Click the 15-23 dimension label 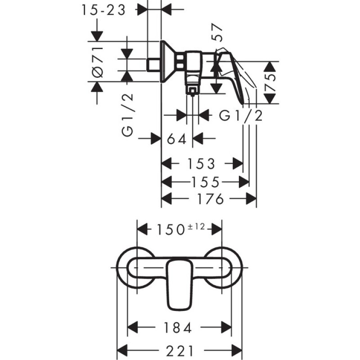pyautogui.click(x=104, y=10)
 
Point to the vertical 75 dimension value pyautogui.click(x=270, y=82)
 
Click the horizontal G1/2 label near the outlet pyautogui.click(x=241, y=116)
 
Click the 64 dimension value pyautogui.click(x=177, y=139)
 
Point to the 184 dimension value pyautogui.click(x=179, y=327)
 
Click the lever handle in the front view pyautogui.click(x=180, y=283)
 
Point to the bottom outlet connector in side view pyautogui.click(x=193, y=90)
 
